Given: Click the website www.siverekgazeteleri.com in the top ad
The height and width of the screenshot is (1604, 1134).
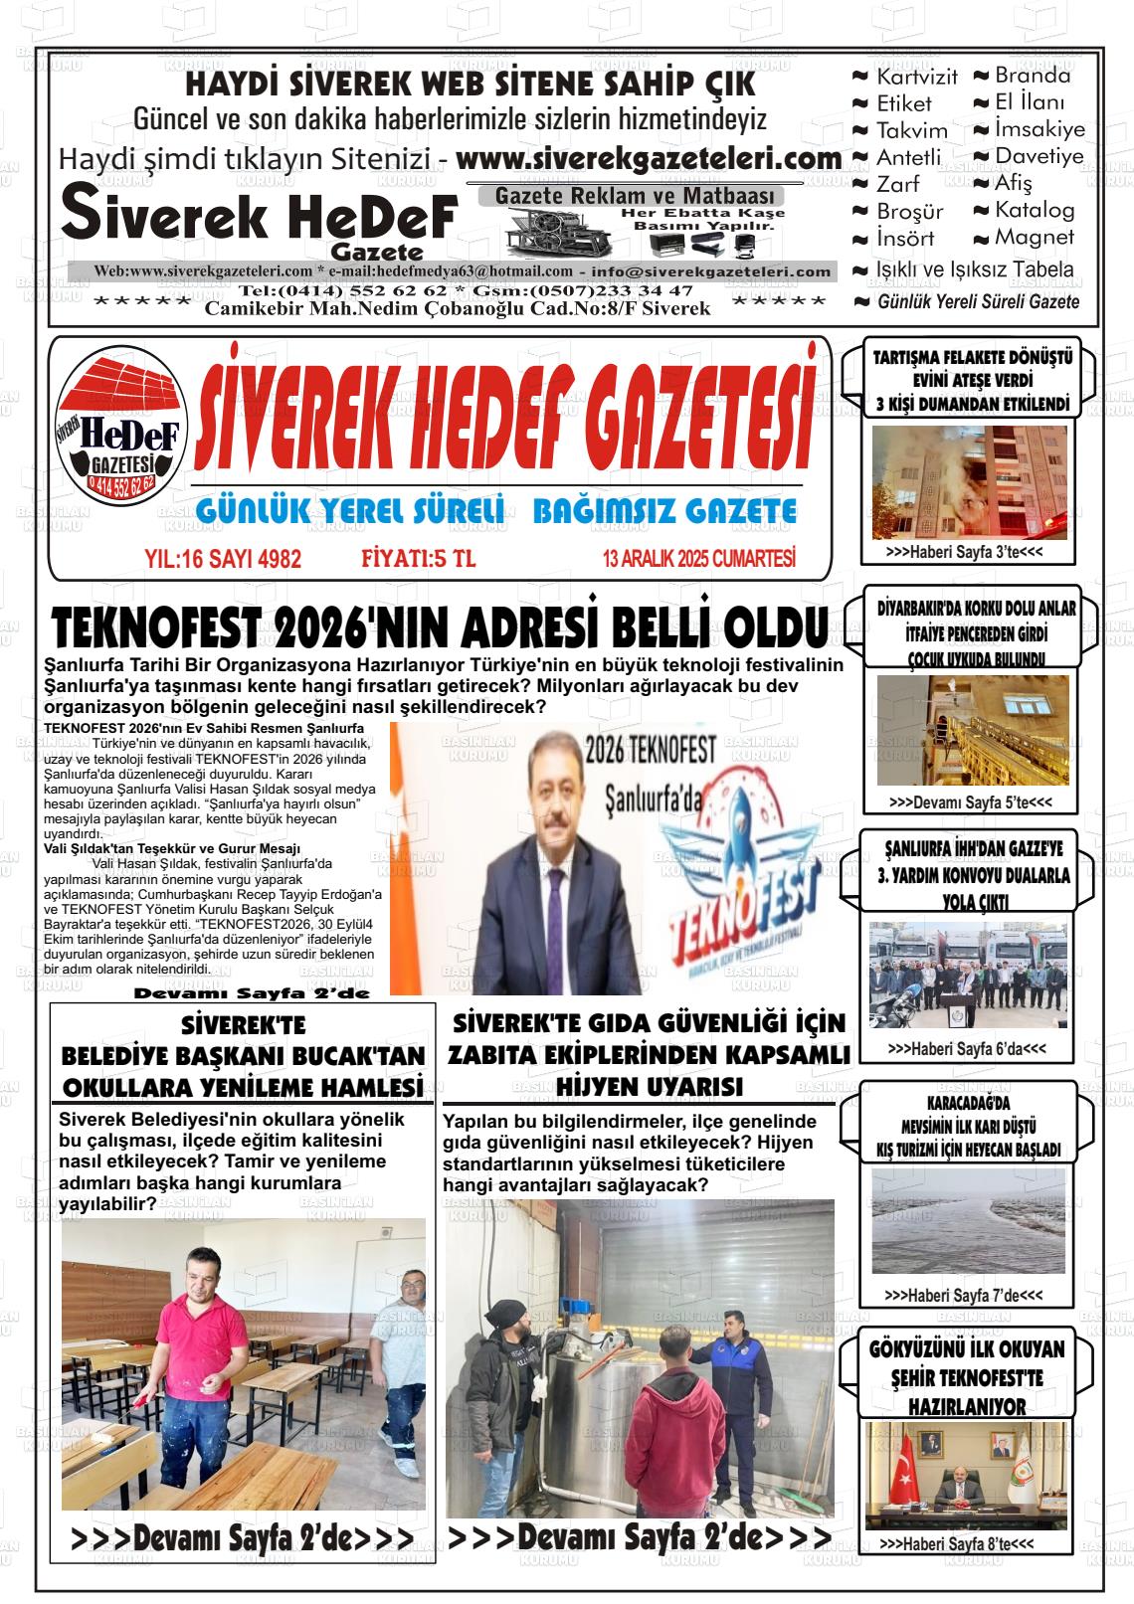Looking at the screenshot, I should [x=649, y=159].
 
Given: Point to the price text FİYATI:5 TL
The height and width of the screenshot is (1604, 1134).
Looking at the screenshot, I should [x=418, y=560].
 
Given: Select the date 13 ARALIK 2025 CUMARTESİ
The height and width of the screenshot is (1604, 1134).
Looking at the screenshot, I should [x=698, y=560].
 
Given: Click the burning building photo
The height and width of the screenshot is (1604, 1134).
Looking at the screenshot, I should [x=969, y=482].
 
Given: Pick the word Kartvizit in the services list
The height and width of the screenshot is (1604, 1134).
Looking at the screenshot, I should [x=916, y=77].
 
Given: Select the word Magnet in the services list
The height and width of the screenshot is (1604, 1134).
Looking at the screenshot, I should [x=1035, y=238].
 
